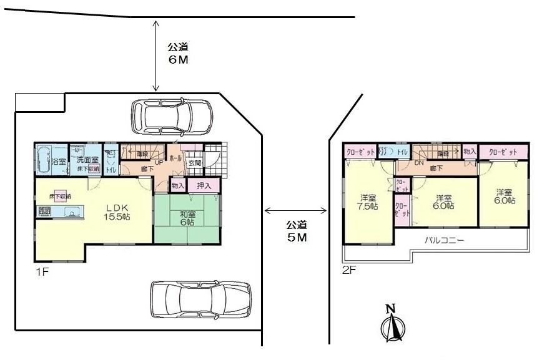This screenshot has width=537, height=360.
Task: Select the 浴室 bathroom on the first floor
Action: (x=51, y=160)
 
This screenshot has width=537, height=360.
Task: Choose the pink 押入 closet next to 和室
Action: (x=204, y=185)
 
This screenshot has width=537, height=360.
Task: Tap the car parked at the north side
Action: (x=172, y=116)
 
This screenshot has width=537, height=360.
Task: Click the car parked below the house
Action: (x=200, y=299)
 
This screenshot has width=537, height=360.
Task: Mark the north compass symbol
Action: (x=392, y=324)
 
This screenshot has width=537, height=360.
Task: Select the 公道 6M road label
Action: (x=177, y=54)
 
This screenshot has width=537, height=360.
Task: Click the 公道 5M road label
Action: (x=297, y=230)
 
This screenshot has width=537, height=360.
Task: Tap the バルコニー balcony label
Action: (x=444, y=240)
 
